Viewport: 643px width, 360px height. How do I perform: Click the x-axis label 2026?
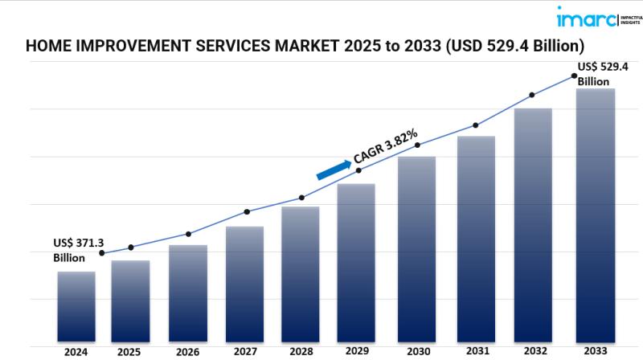(x=187, y=351)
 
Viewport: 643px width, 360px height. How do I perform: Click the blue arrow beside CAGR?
(x=333, y=169)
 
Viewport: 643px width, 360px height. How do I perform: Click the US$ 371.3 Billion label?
(x=79, y=250)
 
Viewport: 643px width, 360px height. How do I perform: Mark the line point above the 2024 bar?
(x=101, y=253)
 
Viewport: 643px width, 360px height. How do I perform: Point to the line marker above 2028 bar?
(x=301, y=198)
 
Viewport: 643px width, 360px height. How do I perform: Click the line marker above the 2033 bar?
(x=575, y=76)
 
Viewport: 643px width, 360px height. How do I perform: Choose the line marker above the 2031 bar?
(x=476, y=125)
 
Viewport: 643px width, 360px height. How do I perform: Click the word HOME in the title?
(x=47, y=46)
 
